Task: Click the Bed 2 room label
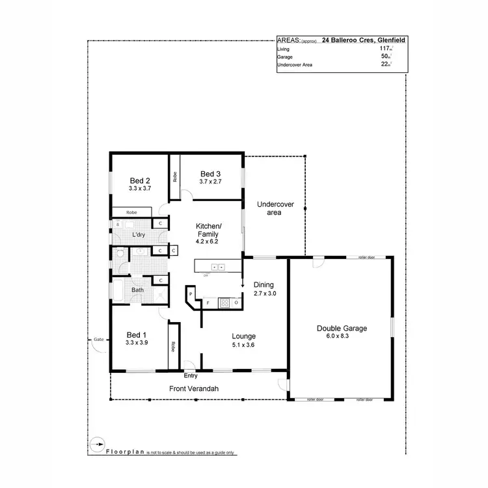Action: (x=140, y=181)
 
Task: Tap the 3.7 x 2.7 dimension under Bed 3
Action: (x=210, y=182)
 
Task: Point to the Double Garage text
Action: (x=342, y=329)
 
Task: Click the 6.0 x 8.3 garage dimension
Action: (x=342, y=337)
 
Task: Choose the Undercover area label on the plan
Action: (x=275, y=208)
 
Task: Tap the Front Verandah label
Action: (x=193, y=388)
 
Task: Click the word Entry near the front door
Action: (x=191, y=376)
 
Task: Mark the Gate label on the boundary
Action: (x=98, y=340)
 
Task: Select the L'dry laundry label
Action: (x=138, y=234)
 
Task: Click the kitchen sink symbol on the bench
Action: (x=217, y=266)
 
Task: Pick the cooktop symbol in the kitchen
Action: (x=224, y=303)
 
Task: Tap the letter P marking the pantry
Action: (x=191, y=295)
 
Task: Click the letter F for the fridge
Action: (x=208, y=303)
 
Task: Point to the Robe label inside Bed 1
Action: (x=173, y=347)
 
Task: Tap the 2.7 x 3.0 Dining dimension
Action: (x=265, y=293)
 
